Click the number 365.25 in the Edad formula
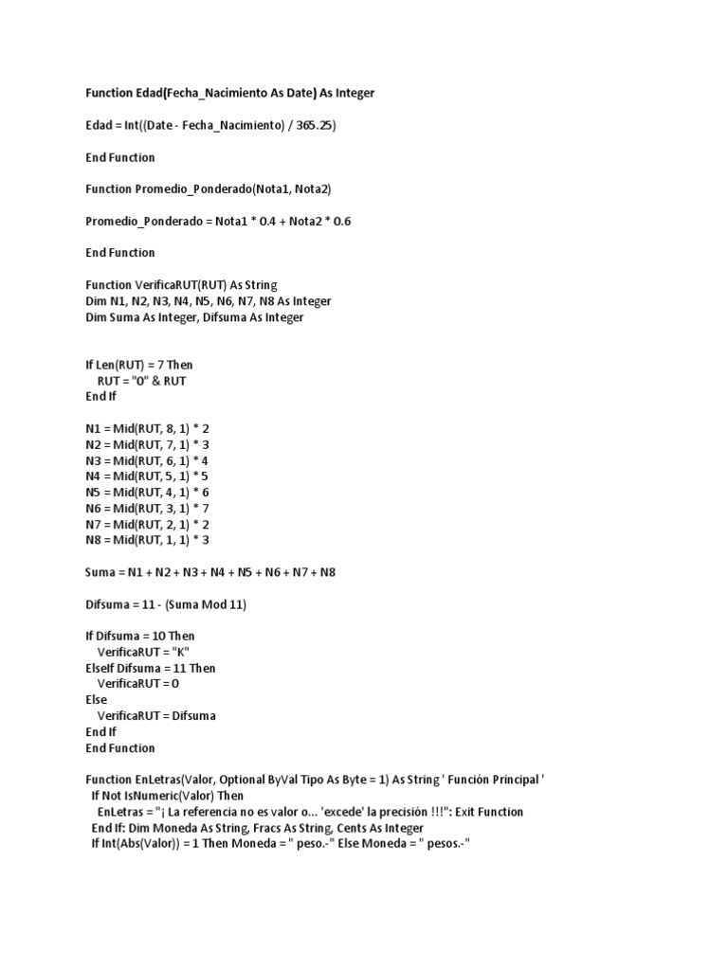[314, 125]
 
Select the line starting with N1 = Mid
[147, 428]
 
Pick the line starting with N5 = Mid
[147, 493]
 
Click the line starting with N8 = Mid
[147, 540]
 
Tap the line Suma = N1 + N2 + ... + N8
[210, 572]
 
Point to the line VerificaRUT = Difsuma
[156, 716]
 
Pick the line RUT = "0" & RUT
[142, 381]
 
